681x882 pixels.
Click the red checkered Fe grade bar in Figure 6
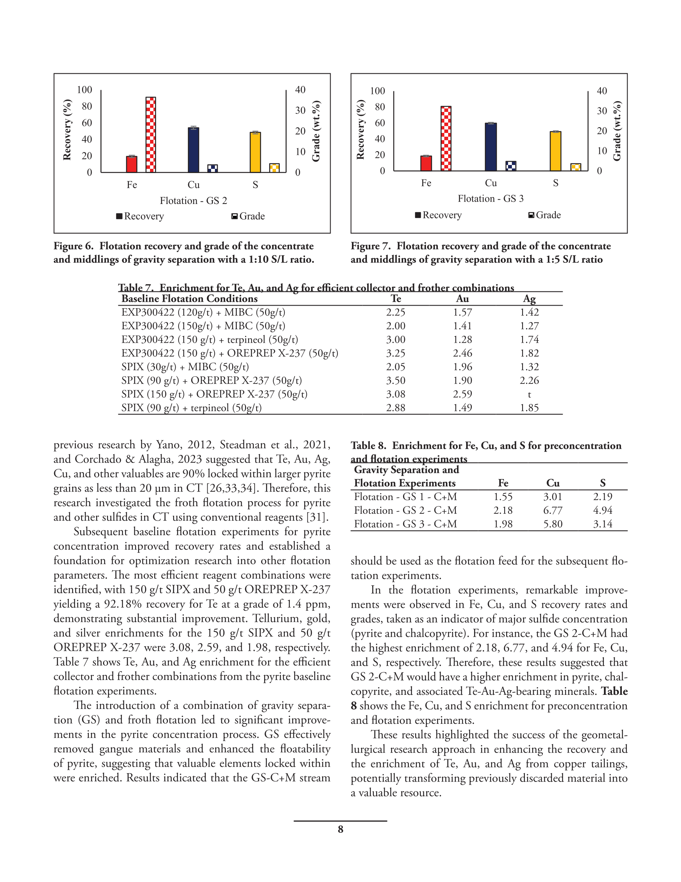click(x=150, y=134)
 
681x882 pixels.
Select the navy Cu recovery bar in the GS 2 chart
click(x=194, y=150)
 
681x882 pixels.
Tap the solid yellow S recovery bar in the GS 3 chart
click(x=555, y=151)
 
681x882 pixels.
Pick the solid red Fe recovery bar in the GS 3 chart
click(x=426, y=163)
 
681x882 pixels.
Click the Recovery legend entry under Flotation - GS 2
click(x=140, y=216)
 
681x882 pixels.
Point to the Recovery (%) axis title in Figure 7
click(x=360, y=129)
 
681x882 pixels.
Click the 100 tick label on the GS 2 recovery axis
click(x=84, y=90)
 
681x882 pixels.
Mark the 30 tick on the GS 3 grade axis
click(x=602, y=111)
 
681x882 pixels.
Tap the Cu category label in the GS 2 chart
click(x=194, y=184)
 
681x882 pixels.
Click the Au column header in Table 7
click(x=462, y=298)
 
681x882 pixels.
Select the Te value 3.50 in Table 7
click(x=395, y=380)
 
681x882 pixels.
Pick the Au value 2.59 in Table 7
click(x=462, y=394)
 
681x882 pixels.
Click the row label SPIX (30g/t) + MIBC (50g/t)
click(x=185, y=367)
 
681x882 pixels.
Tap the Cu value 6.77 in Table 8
click(x=553, y=510)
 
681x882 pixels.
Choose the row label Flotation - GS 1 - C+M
click(x=405, y=497)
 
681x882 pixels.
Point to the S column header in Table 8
click(x=602, y=483)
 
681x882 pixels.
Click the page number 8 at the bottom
click(x=340, y=829)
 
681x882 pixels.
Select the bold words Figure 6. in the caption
click(x=73, y=246)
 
